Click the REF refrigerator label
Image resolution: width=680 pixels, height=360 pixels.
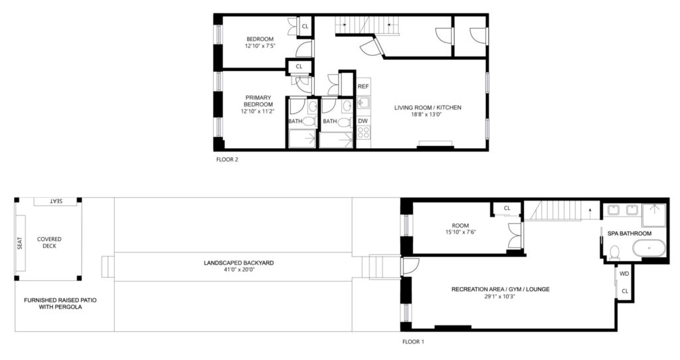pyautogui.click(x=363, y=86)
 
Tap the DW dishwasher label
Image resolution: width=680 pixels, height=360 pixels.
pyautogui.click(x=363, y=121)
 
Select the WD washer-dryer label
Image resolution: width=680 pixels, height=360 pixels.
pyautogui.click(x=624, y=274)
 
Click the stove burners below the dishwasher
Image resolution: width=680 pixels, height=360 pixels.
pyautogui.click(x=363, y=132)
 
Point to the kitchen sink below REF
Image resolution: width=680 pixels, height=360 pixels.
pyautogui.click(x=363, y=103)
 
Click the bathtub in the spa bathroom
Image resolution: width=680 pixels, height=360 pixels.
pyautogui.click(x=648, y=249)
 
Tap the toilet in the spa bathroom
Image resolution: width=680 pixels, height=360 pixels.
pyautogui.click(x=614, y=252)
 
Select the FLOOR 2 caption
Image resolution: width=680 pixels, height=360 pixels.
pyautogui.click(x=227, y=159)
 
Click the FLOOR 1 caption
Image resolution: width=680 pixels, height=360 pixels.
pyautogui.click(x=413, y=342)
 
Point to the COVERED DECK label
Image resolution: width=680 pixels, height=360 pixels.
pyautogui.click(x=49, y=242)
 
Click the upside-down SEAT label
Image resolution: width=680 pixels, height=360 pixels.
pyautogui.click(x=56, y=201)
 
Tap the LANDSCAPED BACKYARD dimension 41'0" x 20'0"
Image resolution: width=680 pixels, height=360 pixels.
pyautogui.click(x=239, y=270)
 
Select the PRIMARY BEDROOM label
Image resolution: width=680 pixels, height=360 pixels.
pyautogui.click(x=258, y=101)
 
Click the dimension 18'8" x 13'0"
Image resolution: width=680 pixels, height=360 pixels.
pyautogui.click(x=427, y=115)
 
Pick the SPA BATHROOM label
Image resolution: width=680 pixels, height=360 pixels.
pyautogui.click(x=630, y=233)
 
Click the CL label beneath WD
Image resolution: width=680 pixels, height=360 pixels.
pyautogui.click(x=624, y=291)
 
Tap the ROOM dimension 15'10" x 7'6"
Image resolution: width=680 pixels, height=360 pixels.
pyautogui.click(x=460, y=232)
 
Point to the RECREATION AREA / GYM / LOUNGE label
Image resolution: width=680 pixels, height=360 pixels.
pyautogui.click(x=501, y=290)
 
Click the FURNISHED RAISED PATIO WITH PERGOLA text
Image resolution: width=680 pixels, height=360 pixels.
pyautogui.click(x=60, y=304)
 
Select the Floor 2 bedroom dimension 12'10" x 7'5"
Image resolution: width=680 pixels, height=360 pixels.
pyautogui.click(x=260, y=46)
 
